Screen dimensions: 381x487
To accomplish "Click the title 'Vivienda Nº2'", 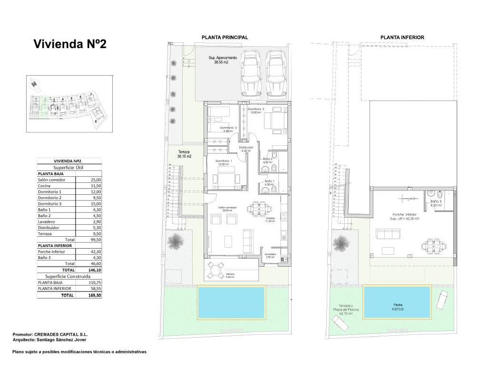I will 70,44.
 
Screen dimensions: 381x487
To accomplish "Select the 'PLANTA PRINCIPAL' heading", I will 224,37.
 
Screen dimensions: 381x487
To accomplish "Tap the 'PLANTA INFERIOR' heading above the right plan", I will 402,37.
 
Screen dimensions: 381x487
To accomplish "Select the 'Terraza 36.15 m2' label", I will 184,154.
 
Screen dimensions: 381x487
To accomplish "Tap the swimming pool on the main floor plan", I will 231,302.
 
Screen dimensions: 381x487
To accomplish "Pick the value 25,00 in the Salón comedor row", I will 96,180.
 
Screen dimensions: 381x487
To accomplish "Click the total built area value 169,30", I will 95,295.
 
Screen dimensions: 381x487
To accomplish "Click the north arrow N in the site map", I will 34,84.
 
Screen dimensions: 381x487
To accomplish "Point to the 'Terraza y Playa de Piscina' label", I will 345,310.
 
